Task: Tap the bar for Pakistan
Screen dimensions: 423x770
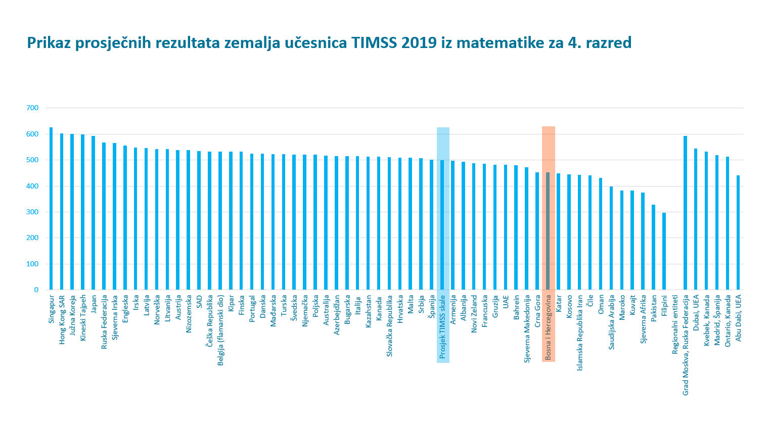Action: point(653,247)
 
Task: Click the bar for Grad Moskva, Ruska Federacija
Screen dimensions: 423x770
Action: point(685,213)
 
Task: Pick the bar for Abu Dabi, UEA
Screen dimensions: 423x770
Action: point(738,232)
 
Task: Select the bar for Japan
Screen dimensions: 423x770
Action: point(94,213)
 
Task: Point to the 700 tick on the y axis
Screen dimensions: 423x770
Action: point(32,108)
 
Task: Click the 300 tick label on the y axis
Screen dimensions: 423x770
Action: point(32,212)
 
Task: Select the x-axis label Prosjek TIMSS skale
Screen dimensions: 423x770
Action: point(443,326)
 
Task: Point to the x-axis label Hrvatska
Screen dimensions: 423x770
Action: point(400,309)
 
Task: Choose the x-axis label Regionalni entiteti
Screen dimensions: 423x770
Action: point(675,324)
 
